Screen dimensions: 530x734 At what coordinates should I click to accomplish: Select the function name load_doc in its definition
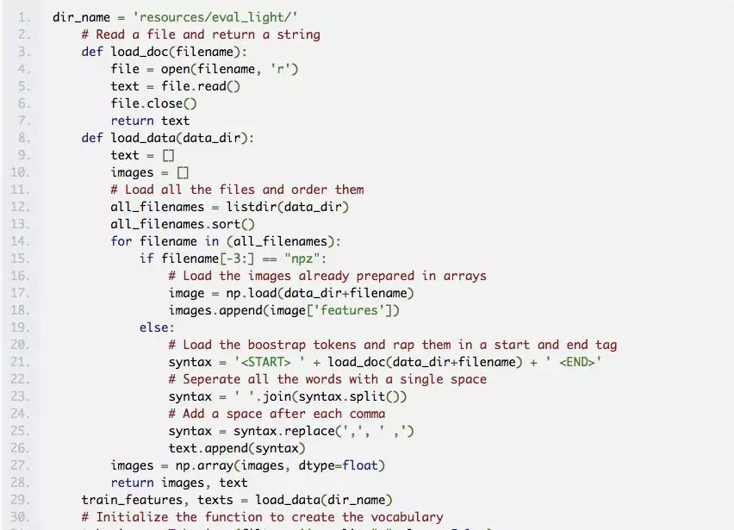pyautogui.click(x=143, y=52)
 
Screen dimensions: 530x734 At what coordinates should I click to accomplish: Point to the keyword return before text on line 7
pyautogui.click(x=132, y=121)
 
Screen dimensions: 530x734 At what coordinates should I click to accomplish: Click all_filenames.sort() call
pyautogui.click(x=183, y=224)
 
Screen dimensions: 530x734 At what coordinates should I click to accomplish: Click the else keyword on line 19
pyautogui.click(x=157, y=327)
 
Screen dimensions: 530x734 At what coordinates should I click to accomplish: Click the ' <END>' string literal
pyautogui.click(x=575, y=362)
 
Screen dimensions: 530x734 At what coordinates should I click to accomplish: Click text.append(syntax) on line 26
pyautogui.click(x=237, y=448)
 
